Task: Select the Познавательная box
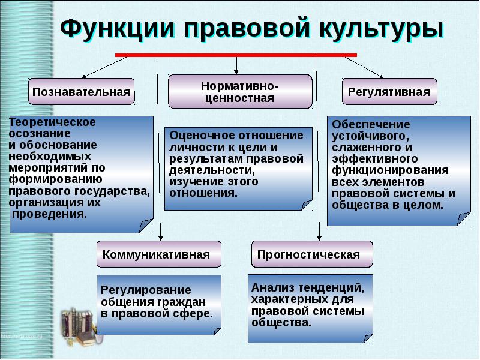(x=82, y=92)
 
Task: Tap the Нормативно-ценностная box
(x=240, y=92)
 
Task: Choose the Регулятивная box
(x=389, y=92)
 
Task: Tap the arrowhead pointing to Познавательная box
(x=83, y=77)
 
